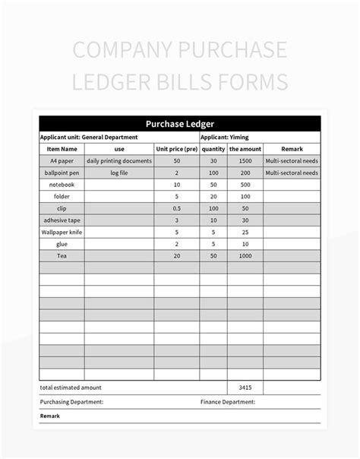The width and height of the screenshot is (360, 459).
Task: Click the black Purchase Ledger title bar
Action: (x=180, y=124)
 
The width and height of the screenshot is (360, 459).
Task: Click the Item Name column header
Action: (x=61, y=149)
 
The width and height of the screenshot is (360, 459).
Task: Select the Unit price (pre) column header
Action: (x=177, y=149)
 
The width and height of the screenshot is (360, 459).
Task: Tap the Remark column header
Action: (x=292, y=149)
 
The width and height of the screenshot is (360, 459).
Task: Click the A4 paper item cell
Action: (x=61, y=161)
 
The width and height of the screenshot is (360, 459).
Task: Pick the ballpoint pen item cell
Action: (x=61, y=173)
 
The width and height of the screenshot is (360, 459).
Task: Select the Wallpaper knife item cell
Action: (x=61, y=232)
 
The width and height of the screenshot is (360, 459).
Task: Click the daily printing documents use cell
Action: (x=119, y=161)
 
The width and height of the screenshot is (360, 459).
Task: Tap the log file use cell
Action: (x=119, y=173)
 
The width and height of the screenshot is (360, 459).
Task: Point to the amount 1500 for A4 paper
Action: (x=245, y=161)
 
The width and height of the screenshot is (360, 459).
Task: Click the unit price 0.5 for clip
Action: (x=177, y=208)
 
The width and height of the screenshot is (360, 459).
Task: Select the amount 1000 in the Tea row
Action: (x=245, y=255)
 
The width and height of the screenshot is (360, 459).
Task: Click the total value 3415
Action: (x=245, y=387)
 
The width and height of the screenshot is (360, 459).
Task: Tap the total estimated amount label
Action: (x=72, y=387)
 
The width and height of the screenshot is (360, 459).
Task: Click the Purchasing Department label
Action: (x=72, y=401)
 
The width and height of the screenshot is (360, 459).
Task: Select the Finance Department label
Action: (x=228, y=401)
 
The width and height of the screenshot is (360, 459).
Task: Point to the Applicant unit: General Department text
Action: (x=89, y=137)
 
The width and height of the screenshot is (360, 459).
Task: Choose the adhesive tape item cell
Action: (x=61, y=220)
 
